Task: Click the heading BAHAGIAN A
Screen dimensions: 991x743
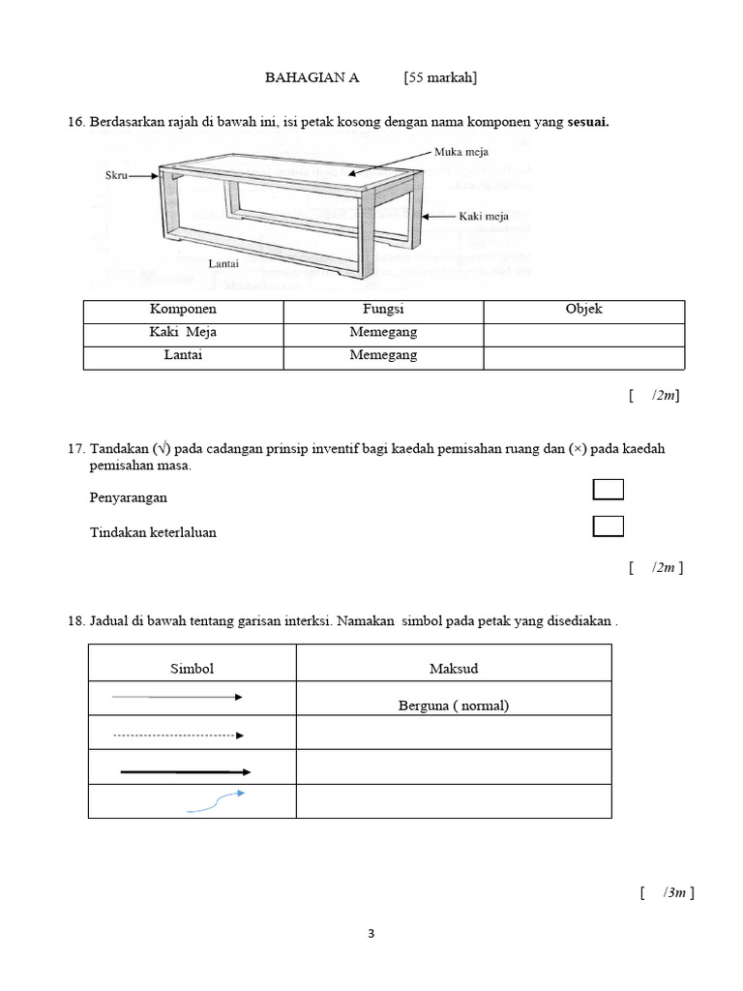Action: point(312,78)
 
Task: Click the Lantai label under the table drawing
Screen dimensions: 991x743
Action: point(223,263)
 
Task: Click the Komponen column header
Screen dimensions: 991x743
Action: point(183,310)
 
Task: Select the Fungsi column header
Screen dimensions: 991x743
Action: point(383,310)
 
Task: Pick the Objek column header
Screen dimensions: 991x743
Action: point(583,310)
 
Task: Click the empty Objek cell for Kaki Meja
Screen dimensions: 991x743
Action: point(583,333)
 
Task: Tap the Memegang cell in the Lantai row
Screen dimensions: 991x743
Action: point(383,356)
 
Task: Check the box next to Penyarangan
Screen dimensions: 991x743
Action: point(608,490)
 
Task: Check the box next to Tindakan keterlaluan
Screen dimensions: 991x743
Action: point(608,526)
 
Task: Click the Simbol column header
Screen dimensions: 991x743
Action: point(192,670)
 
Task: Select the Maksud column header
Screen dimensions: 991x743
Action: point(453,670)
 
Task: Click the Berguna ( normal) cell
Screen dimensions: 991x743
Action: point(453,706)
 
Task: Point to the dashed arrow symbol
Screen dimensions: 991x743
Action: point(179,736)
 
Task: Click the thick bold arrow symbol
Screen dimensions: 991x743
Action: point(185,771)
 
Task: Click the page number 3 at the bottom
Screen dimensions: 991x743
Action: point(371,934)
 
